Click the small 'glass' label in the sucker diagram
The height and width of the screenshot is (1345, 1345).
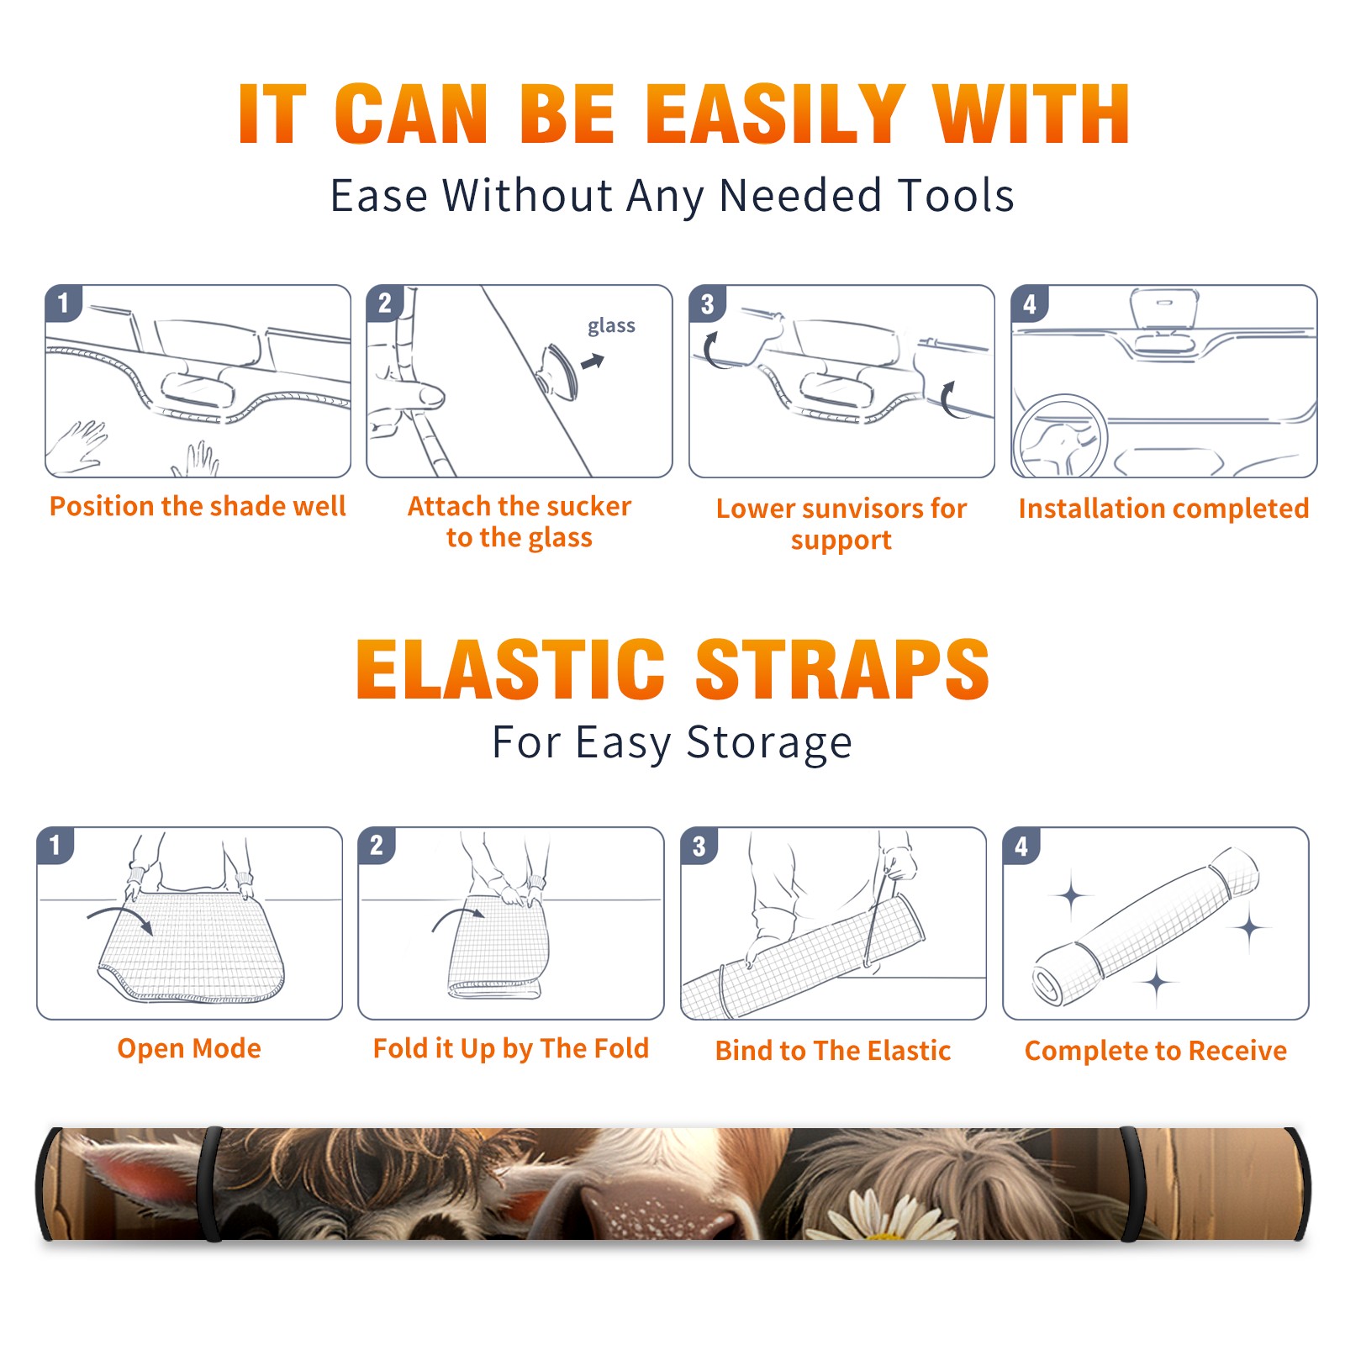(x=611, y=326)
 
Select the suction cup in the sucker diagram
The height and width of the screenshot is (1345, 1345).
(x=559, y=371)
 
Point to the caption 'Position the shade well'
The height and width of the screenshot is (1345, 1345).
(x=198, y=506)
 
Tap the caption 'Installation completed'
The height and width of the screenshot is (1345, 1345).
(x=1163, y=509)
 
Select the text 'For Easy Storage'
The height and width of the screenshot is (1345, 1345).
(x=672, y=743)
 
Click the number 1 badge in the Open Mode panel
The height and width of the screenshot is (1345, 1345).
(x=55, y=845)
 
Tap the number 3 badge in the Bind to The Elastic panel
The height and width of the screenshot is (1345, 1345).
(x=699, y=846)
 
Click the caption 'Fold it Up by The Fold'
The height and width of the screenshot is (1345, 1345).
(x=511, y=1048)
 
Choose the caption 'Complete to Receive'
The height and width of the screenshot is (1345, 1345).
(x=1156, y=1051)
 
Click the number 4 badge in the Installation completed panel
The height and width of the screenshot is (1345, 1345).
(x=1030, y=303)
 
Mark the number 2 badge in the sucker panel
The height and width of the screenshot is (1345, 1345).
(x=385, y=303)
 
